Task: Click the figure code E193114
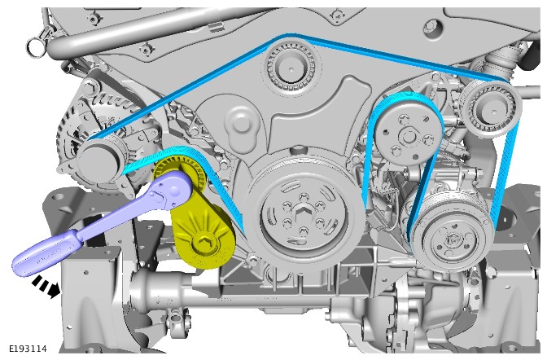28,349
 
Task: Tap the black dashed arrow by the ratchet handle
46,287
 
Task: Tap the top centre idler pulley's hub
291,68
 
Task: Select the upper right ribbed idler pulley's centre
492,110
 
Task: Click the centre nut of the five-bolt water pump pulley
407,135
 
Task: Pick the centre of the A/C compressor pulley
451,239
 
